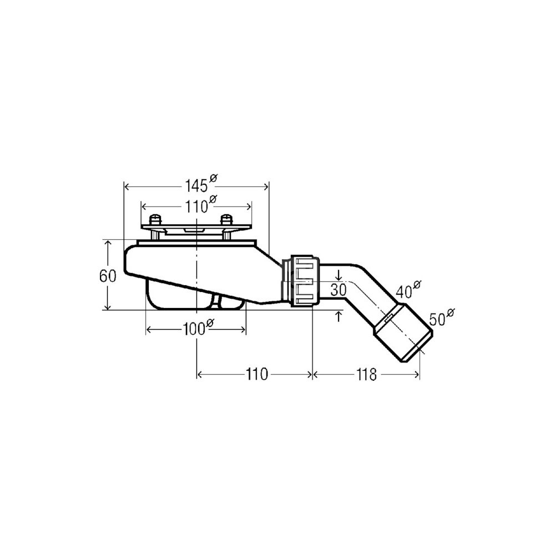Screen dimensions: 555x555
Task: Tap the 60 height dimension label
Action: tap(108, 276)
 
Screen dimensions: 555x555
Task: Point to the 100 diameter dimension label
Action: tap(198, 328)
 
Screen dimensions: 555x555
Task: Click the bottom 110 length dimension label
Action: tap(257, 374)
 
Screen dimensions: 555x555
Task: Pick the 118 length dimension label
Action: tap(366, 375)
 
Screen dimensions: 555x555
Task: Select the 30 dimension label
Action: tap(338, 290)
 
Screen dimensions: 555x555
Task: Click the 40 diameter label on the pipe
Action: tap(408, 290)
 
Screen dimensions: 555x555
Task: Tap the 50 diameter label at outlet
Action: tap(442, 317)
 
